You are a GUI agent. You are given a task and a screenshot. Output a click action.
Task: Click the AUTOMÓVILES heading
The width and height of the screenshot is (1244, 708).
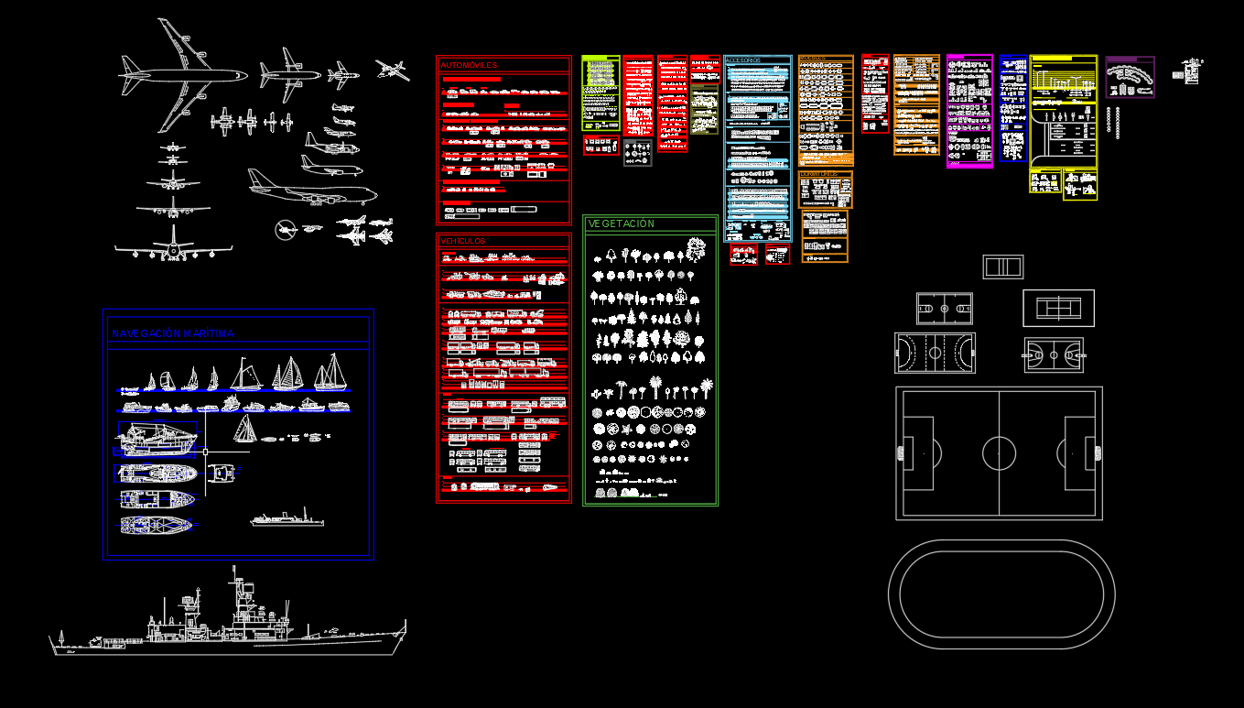pyautogui.click(x=469, y=66)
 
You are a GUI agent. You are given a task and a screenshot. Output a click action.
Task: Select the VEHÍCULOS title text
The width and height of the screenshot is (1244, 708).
pyautogui.click(x=463, y=242)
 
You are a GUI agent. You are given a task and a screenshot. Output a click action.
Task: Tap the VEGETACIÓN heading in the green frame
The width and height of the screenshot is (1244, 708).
pyautogui.click(x=622, y=224)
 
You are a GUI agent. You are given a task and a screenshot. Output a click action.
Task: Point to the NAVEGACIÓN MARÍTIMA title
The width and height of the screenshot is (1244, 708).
pyautogui.click(x=173, y=334)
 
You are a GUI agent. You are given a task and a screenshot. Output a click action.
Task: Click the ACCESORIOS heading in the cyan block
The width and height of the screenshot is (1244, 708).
pyautogui.click(x=742, y=60)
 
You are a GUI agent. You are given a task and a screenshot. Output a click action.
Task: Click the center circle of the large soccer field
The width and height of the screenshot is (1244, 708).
pyautogui.click(x=999, y=452)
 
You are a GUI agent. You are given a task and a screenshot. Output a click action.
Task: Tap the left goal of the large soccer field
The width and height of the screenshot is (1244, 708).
pyautogui.click(x=902, y=452)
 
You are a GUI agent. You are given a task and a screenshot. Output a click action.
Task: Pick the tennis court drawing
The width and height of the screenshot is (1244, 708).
pyautogui.click(x=1058, y=308)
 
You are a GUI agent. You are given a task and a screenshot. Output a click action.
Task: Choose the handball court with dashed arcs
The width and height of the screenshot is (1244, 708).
pyautogui.click(x=935, y=353)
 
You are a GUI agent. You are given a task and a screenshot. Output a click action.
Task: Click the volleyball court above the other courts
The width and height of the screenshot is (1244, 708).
pyautogui.click(x=1003, y=267)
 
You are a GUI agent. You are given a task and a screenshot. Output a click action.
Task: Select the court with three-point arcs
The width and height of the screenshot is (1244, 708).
pyautogui.click(x=1054, y=354)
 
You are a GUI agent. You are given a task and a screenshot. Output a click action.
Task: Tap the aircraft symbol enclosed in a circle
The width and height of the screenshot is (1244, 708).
pyautogui.click(x=286, y=229)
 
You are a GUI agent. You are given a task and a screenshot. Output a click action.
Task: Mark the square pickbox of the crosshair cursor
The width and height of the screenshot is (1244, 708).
pyautogui.click(x=205, y=452)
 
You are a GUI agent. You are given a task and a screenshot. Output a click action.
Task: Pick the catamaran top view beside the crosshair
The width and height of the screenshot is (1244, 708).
pyautogui.click(x=222, y=473)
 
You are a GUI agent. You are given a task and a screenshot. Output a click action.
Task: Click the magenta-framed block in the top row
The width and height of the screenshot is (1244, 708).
pyautogui.click(x=969, y=110)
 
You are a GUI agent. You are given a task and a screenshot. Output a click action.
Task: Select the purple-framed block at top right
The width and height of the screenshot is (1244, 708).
pyautogui.click(x=1130, y=77)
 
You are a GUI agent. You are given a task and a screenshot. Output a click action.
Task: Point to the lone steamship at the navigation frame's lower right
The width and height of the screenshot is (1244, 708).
pyautogui.click(x=287, y=519)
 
